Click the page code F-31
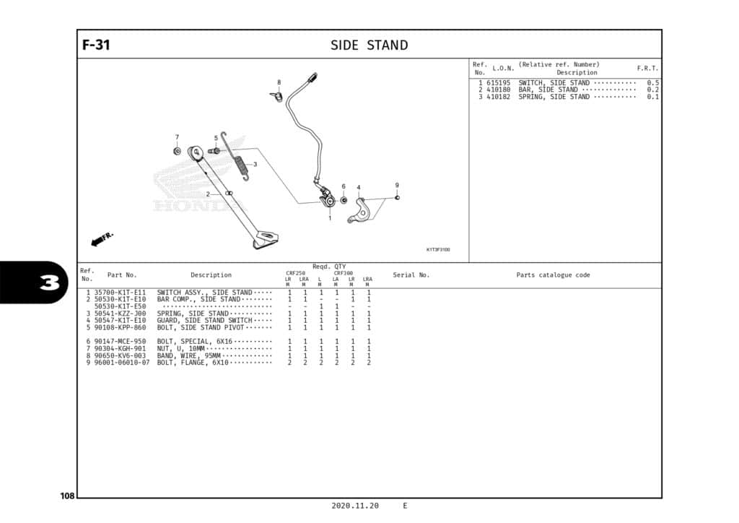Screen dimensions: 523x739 (96, 45)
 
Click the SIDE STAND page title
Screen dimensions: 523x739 (369, 45)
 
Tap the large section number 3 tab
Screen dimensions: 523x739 (49, 282)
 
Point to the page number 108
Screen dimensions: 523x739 (67, 496)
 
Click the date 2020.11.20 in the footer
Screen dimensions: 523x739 (355, 506)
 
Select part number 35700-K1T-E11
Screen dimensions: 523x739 (120, 293)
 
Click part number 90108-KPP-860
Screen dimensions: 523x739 (120, 327)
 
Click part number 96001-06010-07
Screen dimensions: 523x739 (122, 363)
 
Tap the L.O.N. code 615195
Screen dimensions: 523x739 (498, 83)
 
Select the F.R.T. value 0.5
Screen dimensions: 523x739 (652, 83)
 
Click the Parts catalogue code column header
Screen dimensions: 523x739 (553, 275)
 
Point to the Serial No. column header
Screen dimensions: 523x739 (411, 275)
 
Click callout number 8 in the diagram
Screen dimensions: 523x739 (279, 82)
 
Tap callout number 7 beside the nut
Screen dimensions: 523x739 (177, 137)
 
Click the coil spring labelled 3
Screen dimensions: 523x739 (241, 165)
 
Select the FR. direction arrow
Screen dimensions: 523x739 (102, 239)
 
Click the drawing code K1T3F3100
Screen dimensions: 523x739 (437, 249)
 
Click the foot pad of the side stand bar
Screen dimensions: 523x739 (266, 240)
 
